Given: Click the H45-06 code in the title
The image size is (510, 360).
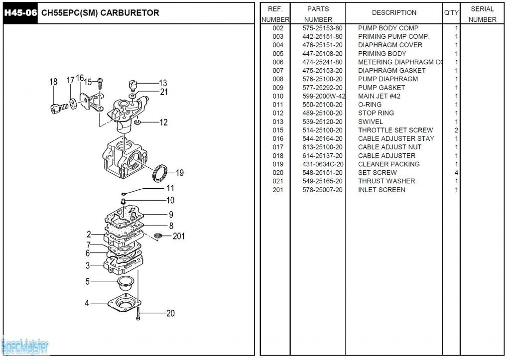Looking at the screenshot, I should point(20,13).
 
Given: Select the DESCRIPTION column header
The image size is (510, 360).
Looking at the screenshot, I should point(394,13).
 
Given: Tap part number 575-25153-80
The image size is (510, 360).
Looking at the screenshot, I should point(322,28).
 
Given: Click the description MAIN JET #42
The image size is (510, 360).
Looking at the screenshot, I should point(379,96).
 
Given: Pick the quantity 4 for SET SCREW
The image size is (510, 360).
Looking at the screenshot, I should point(456,173).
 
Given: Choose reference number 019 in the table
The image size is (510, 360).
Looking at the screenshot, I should point(278,164).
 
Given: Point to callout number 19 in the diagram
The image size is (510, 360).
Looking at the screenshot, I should point(179,173).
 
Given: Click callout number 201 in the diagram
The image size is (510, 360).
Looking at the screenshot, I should point(178,236).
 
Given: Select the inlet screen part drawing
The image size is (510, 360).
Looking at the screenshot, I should point(159,235).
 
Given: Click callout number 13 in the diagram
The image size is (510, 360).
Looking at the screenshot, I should point(163,83).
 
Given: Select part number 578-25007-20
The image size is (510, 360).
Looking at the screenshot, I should point(322,190).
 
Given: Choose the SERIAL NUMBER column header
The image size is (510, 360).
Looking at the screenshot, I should point(482,14).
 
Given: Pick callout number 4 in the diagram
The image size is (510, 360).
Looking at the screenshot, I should point(87,303).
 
